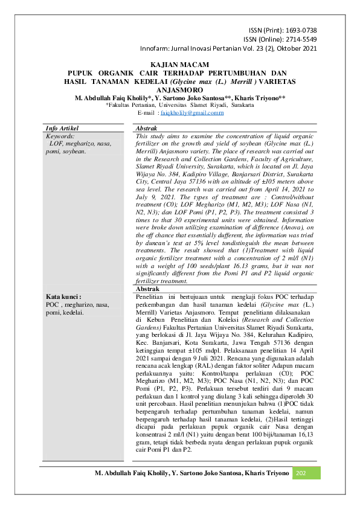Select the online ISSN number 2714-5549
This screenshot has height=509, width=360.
point(301,39)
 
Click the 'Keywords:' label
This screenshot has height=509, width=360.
point(60,137)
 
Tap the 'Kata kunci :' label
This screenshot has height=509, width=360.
point(63,297)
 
